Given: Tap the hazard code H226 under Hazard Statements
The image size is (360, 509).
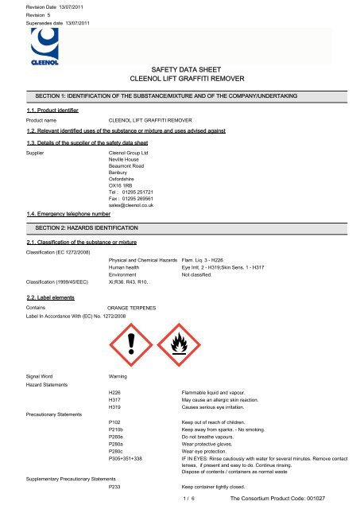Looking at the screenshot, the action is point(114,392).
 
